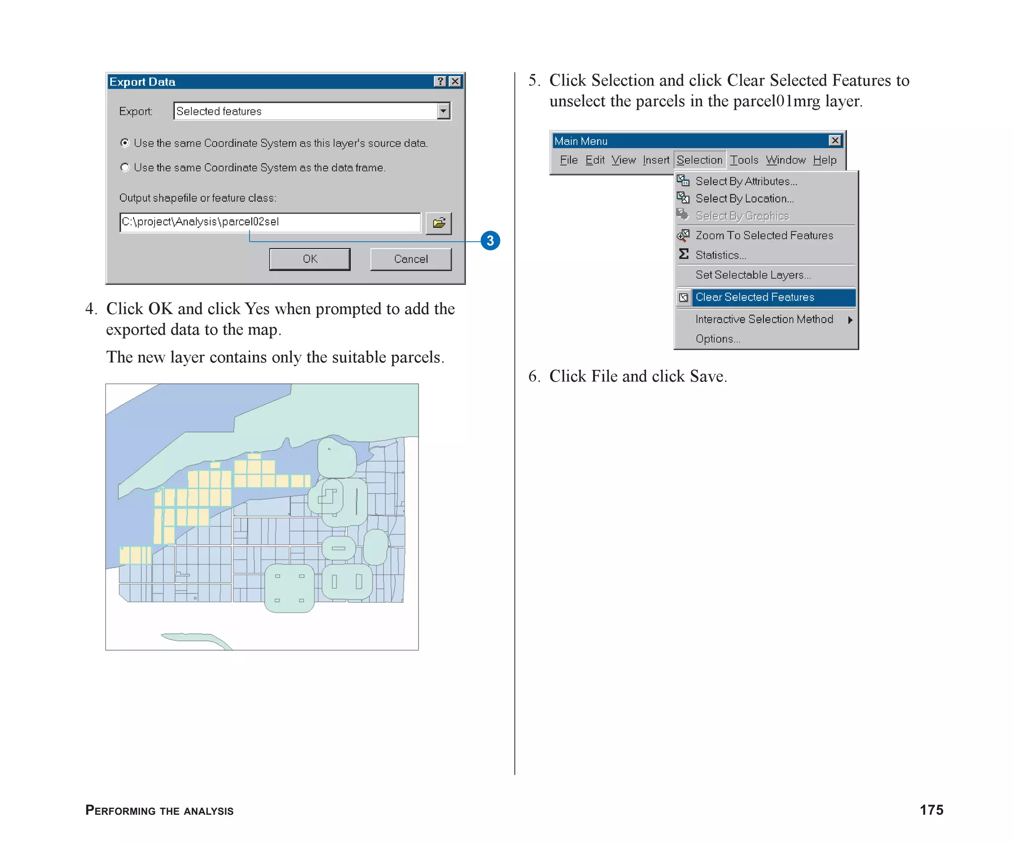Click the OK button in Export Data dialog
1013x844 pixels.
click(x=310, y=259)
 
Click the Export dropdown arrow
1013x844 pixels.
click(x=443, y=111)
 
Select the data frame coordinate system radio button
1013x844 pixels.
click(x=125, y=168)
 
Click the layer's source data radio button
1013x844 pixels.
click(x=125, y=143)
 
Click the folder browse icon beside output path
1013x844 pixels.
click(x=438, y=223)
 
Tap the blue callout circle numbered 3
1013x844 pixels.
click(x=490, y=241)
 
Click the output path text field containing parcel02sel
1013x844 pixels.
click(x=270, y=222)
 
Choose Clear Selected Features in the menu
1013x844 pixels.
click(x=754, y=297)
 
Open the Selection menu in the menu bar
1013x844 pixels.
click(x=699, y=160)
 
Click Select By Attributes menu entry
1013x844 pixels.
click(x=746, y=181)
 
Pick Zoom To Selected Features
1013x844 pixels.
click(x=764, y=235)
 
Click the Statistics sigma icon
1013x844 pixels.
click(x=684, y=254)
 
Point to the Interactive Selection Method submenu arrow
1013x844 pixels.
click(x=850, y=320)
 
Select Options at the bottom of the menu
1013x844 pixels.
click(x=717, y=339)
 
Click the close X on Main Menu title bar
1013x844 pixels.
click(x=835, y=141)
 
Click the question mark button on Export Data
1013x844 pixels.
click(x=440, y=82)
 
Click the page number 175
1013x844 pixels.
click(x=931, y=810)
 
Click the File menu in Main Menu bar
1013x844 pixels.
click(x=568, y=160)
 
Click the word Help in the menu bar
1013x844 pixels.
click(x=824, y=160)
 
